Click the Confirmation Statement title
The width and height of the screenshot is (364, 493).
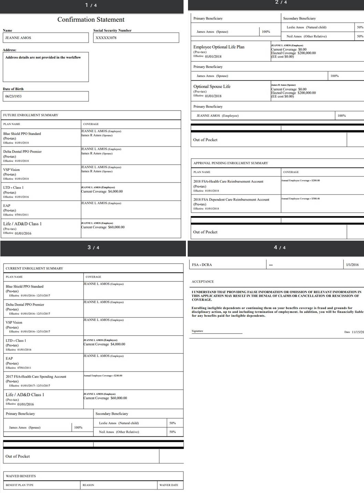pyautogui.click(x=91, y=20)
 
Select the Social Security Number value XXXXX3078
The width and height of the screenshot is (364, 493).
pyautogui.click(x=106, y=38)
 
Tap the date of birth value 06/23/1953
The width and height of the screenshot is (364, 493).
pyautogui.click(x=13, y=96)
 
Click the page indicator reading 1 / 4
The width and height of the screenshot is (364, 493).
pyautogui.click(x=91, y=5)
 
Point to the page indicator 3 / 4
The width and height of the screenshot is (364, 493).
pyautogui.click(x=93, y=248)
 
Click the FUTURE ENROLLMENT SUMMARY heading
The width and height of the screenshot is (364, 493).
pyautogui.click(x=31, y=115)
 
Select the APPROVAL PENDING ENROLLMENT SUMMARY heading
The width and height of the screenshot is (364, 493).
pyautogui.click(x=231, y=163)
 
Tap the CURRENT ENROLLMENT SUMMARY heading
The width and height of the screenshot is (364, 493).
pyautogui.click(x=34, y=268)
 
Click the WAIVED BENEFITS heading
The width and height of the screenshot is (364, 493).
pyautogui.click(x=21, y=476)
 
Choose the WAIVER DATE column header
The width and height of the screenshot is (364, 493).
pyautogui.click(x=169, y=485)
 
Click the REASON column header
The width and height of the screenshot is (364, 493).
pyautogui.click(x=88, y=485)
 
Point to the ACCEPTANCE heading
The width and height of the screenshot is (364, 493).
pyautogui.click(x=203, y=282)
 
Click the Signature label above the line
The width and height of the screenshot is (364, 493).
pyautogui.click(x=197, y=331)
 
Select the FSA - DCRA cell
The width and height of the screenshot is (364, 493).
pyautogui.click(x=202, y=265)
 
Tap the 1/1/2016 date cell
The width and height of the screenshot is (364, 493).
pyautogui.click(x=352, y=265)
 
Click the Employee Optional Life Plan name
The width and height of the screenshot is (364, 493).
pyautogui.click(x=219, y=47)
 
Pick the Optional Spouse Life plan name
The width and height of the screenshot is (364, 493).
pyautogui.click(x=212, y=87)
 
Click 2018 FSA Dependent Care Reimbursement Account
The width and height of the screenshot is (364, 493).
pyautogui.click(x=231, y=200)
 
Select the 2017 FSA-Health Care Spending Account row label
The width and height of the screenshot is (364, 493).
pyautogui.click(x=36, y=376)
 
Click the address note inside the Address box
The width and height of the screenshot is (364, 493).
pyautogui.click(x=43, y=58)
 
